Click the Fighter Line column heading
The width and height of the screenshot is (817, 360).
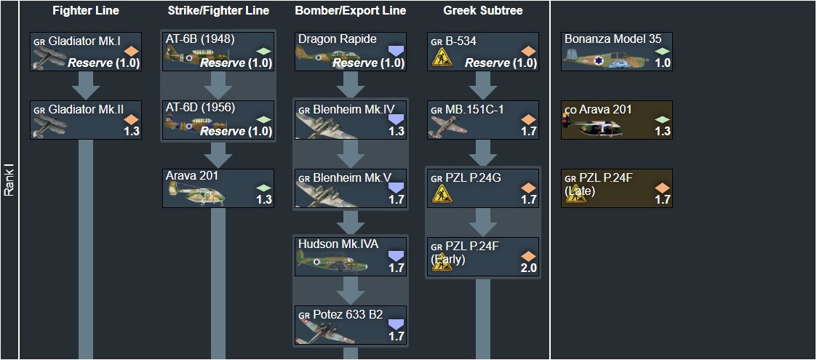86,11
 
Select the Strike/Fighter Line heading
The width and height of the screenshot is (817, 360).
218,11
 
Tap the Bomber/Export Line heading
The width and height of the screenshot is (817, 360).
351,11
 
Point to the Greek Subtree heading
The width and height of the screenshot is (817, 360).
483,11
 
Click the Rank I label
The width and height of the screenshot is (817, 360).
9,180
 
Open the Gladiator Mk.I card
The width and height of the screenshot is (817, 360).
86,52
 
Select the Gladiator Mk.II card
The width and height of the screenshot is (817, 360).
86,120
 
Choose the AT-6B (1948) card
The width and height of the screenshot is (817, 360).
218,52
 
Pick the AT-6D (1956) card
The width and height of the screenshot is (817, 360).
218,120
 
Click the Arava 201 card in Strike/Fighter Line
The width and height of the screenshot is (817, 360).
218,188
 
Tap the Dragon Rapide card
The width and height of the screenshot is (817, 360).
351,52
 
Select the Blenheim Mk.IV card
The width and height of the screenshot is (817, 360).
351,120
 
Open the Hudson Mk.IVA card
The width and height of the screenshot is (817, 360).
351,257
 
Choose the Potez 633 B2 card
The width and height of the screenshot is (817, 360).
351,325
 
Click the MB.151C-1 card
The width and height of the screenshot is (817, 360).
483,120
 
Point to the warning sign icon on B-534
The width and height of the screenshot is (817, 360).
441,59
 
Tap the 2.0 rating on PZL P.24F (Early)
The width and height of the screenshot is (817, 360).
528,268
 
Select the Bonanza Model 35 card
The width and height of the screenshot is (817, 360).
617,52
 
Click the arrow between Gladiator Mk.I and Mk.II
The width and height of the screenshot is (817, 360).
86,86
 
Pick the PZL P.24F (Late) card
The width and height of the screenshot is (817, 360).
617,188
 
